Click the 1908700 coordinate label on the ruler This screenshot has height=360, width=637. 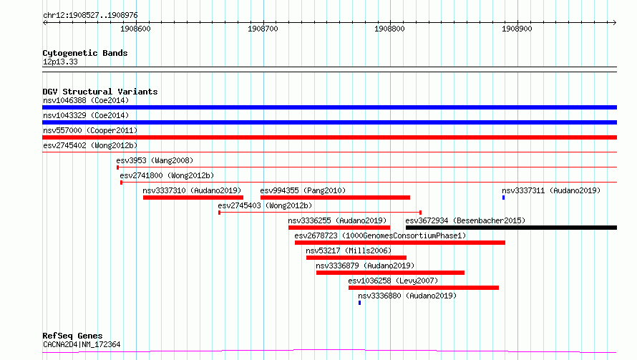[263, 29]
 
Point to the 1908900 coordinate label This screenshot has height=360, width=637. [517, 29]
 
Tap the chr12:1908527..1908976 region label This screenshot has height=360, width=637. [91, 16]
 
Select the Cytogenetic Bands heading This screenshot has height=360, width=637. [85, 53]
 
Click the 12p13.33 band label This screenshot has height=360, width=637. [60, 62]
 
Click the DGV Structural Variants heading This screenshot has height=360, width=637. [100, 92]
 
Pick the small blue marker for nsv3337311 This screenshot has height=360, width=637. [503, 198]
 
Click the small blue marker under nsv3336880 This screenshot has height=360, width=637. [359, 303]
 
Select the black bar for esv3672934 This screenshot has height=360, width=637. [511, 228]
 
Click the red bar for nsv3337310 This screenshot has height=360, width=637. [193, 198]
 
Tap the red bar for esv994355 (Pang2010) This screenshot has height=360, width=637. [335, 198]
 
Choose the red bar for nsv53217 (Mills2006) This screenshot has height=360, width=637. [356, 258]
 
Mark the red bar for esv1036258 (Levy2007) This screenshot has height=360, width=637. [423, 288]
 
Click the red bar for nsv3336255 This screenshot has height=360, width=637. [339, 228]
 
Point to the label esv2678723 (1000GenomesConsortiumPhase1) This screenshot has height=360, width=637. [380, 235]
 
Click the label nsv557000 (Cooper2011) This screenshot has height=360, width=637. [90, 130]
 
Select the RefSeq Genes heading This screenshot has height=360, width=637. [73, 336]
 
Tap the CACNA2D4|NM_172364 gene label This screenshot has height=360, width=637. [82, 344]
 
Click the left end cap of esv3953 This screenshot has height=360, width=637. [118, 167]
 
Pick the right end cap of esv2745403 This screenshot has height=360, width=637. [420, 213]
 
